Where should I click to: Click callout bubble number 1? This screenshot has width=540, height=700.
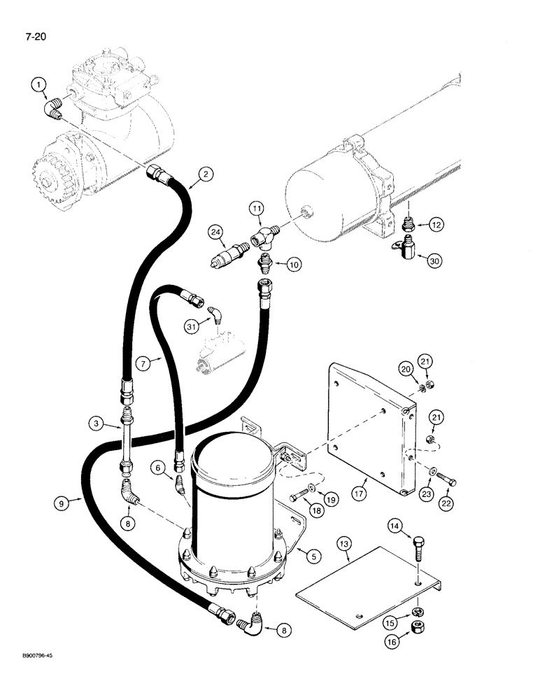[38, 85]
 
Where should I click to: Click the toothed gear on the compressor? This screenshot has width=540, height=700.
[49, 176]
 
